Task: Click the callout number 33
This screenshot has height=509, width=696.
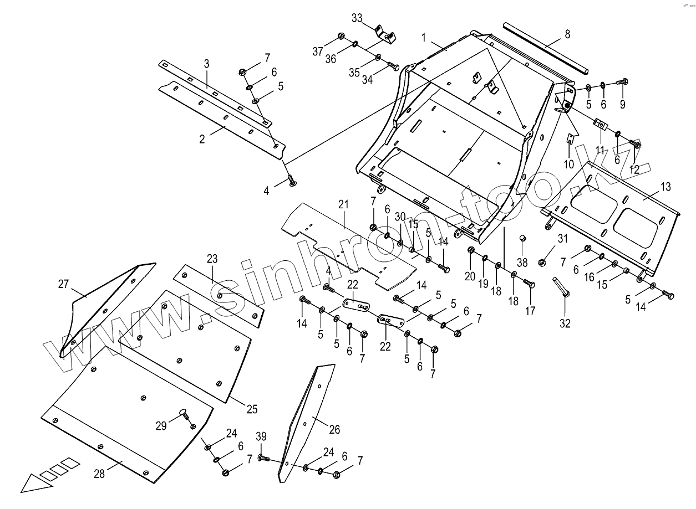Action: coord(357,18)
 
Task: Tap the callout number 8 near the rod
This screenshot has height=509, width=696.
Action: coord(567,34)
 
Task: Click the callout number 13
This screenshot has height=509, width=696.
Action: coord(665,186)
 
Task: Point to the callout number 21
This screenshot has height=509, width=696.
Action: coord(343,204)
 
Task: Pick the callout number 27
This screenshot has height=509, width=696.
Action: coord(63,284)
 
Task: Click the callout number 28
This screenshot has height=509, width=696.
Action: coord(99,474)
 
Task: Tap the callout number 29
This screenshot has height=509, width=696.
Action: coord(161,426)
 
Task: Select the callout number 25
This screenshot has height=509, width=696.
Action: coord(252,409)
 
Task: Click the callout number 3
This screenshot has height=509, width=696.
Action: coord(206,64)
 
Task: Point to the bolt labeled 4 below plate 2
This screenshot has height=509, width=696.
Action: coord(290,180)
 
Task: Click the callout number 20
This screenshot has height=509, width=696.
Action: coord(470,276)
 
